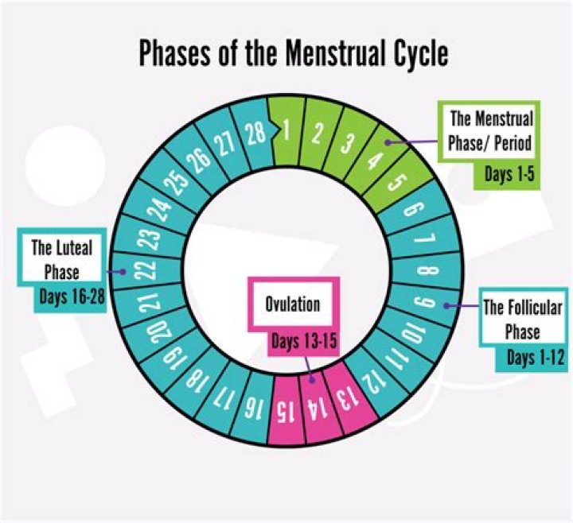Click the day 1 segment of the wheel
tap(286, 131)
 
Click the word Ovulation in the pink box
tap(292, 304)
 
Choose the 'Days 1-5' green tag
tap(509, 174)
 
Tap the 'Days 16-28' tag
tap(72, 296)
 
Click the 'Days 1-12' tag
tap(533, 358)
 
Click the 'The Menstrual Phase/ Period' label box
tap(489, 130)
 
